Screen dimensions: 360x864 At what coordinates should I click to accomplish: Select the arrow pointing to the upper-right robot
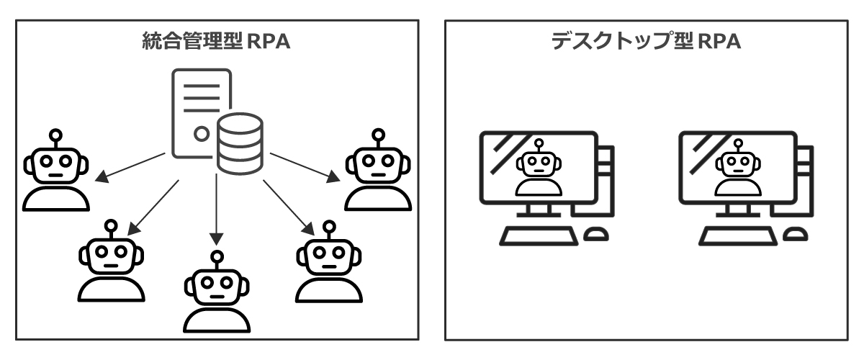tap(302, 166)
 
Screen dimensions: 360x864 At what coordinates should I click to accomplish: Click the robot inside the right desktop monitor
tap(737, 170)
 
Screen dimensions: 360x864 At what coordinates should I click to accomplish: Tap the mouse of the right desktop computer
tap(796, 235)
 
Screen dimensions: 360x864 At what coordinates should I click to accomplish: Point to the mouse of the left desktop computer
tap(597, 235)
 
